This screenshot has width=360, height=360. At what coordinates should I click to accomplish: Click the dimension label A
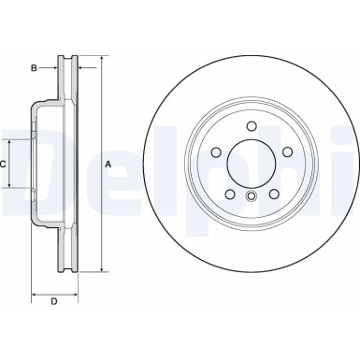pyautogui.click(x=108, y=166)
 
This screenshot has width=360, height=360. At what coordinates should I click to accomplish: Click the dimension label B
pyautogui.click(x=33, y=68)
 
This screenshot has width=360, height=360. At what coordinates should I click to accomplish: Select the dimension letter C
pyautogui.click(x=4, y=165)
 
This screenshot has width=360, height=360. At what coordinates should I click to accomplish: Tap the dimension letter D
pyautogui.click(x=54, y=300)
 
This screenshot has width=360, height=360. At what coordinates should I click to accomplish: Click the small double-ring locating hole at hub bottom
pyautogui.click(x=251, y=195)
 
